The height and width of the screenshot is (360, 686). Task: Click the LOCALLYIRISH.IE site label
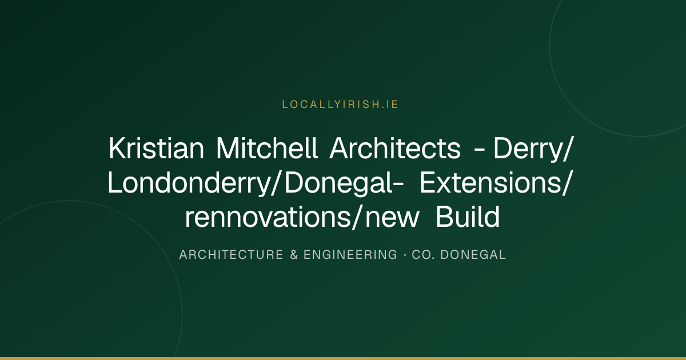coord(340,105)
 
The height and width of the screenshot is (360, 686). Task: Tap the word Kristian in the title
coord(156,148)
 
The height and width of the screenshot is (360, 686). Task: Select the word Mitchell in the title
coord(267,148)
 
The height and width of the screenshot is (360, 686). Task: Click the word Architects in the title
coord(395,148)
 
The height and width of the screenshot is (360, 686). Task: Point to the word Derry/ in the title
coord(533,149)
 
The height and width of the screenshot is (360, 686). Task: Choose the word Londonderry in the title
coord(188,183)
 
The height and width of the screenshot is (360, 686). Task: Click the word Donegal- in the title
coord(344,183)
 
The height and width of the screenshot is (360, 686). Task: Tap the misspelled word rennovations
coord(268,217)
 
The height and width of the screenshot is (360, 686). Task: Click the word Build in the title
coord(468,217)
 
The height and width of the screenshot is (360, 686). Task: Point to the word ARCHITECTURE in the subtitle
coord(231,255)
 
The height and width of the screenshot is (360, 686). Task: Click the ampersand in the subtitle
coord(294,255)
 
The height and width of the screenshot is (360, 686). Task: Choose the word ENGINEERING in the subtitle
coord(350,255)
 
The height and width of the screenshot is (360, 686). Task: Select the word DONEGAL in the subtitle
coord(473,255)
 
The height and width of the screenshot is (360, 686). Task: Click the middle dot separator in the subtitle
coord(405,255)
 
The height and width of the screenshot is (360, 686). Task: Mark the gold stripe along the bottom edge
coord(343,358)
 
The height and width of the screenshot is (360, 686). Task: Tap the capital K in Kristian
coord(118,148)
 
